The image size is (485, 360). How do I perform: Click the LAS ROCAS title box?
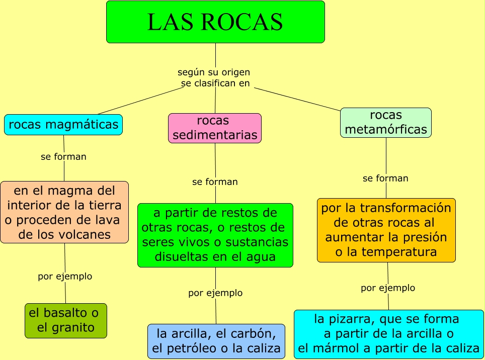tap(215, 22)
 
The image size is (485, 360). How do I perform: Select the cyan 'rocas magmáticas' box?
tap(63, 125)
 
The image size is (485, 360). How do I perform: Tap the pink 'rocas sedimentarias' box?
tap(215, 128)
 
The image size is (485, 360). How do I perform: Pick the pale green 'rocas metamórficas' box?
tap(386, 123)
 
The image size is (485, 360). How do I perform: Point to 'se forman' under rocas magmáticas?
tap(63, 157)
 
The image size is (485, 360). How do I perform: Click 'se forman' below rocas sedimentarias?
tap(215, 182)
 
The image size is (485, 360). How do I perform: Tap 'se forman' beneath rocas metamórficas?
tap(385, 178)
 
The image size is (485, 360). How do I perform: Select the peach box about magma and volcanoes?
tap(64, 212)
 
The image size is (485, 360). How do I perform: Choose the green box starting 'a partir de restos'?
tap(215, 235)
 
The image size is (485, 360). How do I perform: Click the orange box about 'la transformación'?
tap(386, 230)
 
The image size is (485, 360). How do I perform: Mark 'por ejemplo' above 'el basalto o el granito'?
tap(65, 277)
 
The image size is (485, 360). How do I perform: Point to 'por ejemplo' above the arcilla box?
tap(215, 293)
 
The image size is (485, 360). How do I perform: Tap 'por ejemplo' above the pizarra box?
tap(388, 288)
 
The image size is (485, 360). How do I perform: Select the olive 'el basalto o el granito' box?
tap(66, 320)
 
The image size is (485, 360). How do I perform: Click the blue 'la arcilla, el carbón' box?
tap(216, 341)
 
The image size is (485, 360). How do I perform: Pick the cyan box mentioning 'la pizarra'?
tap(388, 334)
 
